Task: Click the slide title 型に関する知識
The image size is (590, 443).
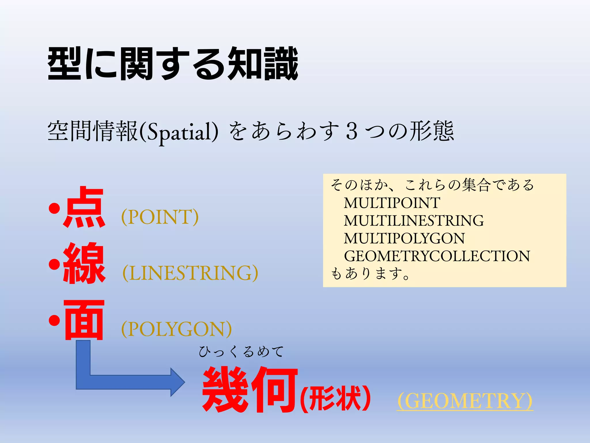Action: click(173, 63)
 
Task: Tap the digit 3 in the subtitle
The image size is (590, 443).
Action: click(352, 131)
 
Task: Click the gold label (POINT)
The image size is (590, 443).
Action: click(160, 217)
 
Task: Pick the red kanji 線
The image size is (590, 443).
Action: click(84, 263)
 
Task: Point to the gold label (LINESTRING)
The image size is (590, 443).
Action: click(190, 273)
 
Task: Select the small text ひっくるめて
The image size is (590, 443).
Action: click(241, 352)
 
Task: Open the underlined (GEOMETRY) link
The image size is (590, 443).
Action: click(465, 401)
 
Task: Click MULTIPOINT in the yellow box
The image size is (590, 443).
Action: click(392, 203)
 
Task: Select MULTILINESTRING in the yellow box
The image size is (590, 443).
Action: click(414, 221)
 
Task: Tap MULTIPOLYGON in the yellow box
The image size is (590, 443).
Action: click(404, 238)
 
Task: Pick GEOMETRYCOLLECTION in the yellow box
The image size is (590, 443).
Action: click(437, 256)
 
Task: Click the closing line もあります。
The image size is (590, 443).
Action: click(370, 273)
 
